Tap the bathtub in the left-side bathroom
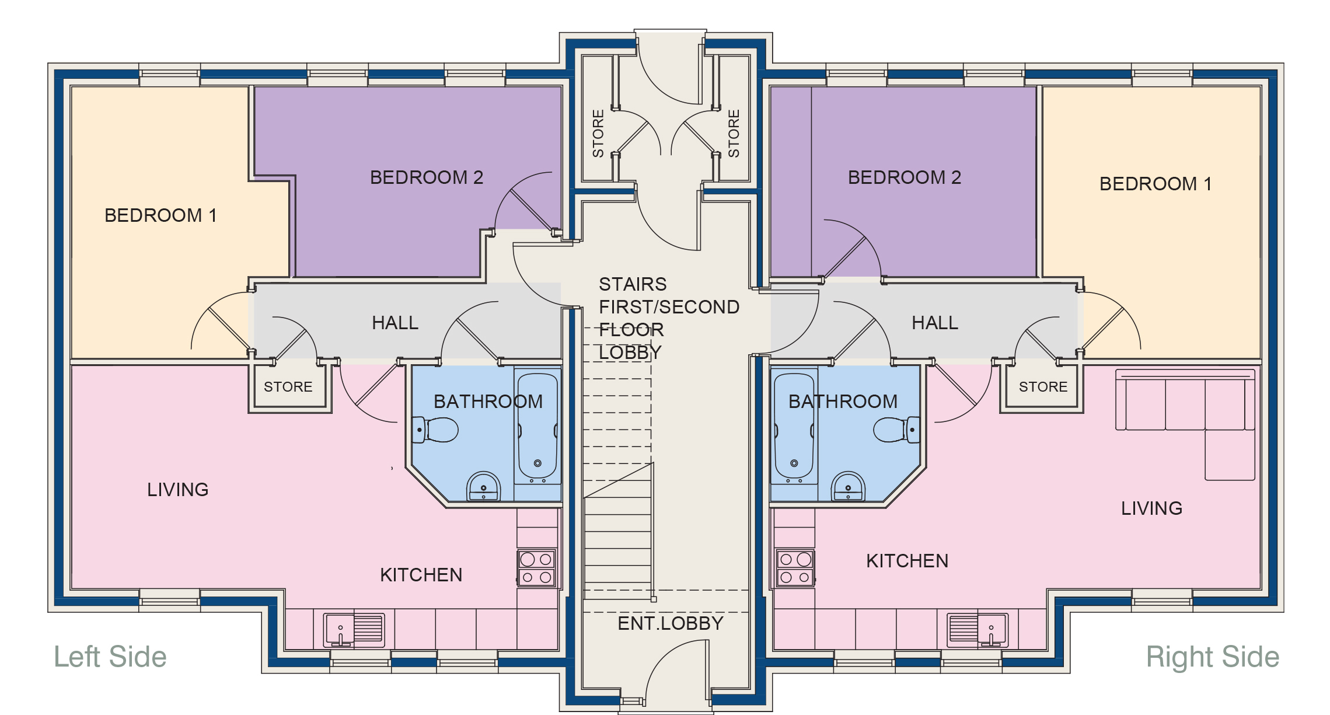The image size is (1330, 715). point(537,428)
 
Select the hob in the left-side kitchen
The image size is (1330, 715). point(536,568)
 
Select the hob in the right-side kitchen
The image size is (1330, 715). point(795,568)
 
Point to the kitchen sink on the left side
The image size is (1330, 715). point(354,630)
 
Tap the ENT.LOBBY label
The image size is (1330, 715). point(670,623)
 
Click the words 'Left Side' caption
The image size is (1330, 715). point(110,657)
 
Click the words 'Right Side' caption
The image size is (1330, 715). point(1212,657)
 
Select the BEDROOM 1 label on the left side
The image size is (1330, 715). point(160,215)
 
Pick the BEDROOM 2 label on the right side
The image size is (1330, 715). point(904,177)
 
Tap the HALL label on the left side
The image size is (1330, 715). point(395,323)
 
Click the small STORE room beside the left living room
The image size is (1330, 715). point(288,387)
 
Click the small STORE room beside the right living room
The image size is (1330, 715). point(1043,387)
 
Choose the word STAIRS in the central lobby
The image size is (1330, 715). point(633,284)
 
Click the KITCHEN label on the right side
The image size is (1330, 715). point(907,561)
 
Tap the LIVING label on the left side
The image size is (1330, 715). point(177,490)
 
